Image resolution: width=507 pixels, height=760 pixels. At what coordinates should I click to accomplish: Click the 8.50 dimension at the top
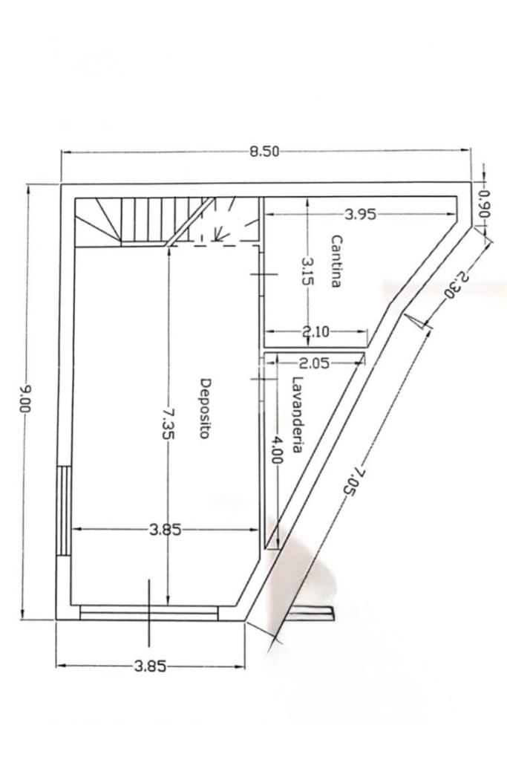click(x=264, y=152)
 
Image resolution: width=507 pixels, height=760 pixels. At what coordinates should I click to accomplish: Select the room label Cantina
click(x=336, y=262)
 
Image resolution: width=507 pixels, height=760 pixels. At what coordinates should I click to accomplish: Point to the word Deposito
click(x=206, y=408)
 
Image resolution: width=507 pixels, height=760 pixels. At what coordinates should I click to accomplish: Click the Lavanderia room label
click(x=297, y=415)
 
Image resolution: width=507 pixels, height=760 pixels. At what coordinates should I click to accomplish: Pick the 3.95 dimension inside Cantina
click(x=360, y=214)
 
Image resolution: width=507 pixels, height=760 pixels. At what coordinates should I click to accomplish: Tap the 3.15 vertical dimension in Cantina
click(x=308, y=271)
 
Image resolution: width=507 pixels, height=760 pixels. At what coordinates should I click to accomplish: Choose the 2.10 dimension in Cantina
click(x=315, y=332)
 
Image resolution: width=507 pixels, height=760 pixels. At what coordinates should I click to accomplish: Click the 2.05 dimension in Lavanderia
click(x=314, y=363)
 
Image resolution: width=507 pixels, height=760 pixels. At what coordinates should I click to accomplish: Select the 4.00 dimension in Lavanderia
click(x=276, y=449)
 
